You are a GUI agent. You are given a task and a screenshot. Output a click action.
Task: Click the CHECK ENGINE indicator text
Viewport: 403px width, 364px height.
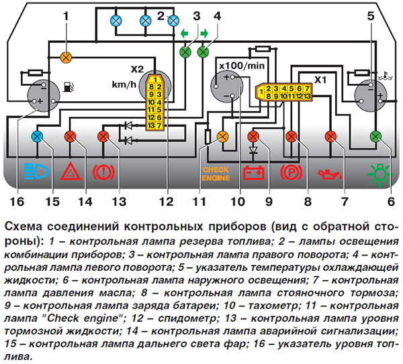pyautogui.click(x=216, y=174)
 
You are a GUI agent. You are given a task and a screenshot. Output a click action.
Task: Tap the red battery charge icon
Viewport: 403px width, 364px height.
pyautogui.click(x=254, y=174)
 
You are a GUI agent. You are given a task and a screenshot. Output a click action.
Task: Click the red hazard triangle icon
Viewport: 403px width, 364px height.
pyautogui.click(x=70, y=172)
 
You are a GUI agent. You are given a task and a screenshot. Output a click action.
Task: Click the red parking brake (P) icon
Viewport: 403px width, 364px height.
pyautogui.click(x=292, y=173)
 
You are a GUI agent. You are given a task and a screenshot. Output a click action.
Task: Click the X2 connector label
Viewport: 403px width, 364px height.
pyautogui.click(x=137, y=70)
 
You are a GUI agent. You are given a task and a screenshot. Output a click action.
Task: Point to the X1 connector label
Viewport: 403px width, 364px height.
pyautogui.click(x=320, y=78)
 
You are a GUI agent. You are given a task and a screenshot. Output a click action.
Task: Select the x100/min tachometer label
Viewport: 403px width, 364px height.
pyautogui.click(x=241, y=66)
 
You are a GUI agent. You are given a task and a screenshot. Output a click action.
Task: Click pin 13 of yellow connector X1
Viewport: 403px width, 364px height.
pyautogui.click(x=305, y=97)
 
